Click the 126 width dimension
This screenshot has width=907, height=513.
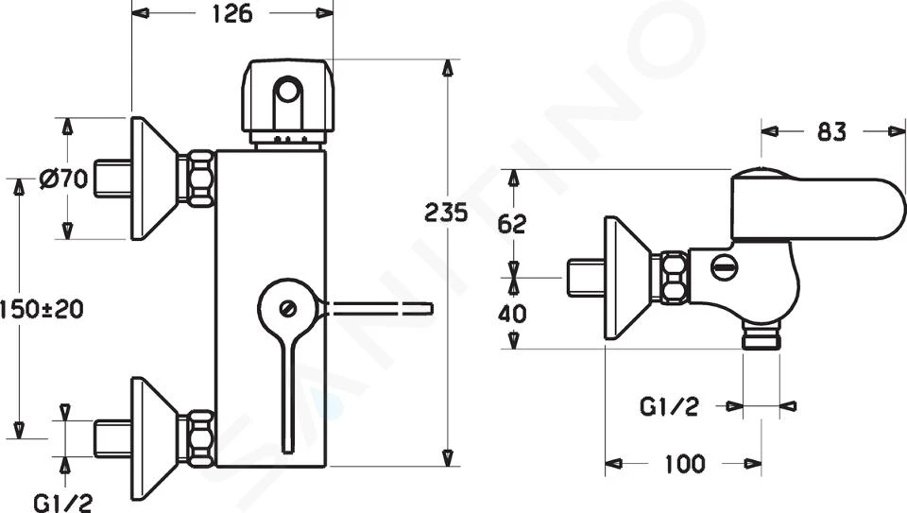coord(232,13)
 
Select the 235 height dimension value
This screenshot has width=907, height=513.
coord(446,213)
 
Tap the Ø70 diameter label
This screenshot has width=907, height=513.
coord(63,179)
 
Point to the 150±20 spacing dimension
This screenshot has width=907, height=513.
coord(42,309)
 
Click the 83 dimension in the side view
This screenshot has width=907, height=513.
coord(831,132)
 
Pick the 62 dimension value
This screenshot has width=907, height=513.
coord(512,224)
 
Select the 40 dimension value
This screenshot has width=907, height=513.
coord(512,314)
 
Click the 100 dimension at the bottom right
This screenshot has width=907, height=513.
coord(685,464)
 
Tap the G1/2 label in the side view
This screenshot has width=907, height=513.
coord(669,406)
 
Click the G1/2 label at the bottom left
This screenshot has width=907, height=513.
coord(63,502)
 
